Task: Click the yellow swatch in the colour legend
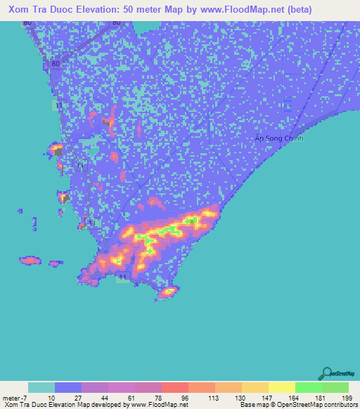coord(282,387)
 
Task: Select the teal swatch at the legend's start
coord(41,387)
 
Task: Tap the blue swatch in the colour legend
coord(68,387)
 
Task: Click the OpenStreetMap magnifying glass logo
coord(327,372)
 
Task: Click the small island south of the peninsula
coord(168,292)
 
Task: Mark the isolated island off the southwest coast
coord(30,260)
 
